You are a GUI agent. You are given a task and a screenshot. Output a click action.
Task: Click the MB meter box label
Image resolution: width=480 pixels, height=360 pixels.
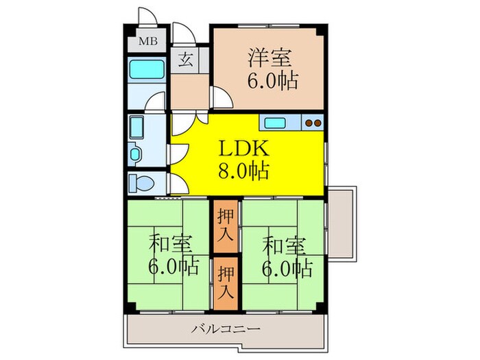(x=148, y=41)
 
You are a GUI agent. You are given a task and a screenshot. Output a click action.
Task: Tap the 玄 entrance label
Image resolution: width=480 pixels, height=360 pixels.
(x=185, y=60)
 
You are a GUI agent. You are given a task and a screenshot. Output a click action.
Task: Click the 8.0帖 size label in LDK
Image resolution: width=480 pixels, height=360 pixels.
(x=243, y=170)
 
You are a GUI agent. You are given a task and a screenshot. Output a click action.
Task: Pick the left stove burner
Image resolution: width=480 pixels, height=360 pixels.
(x=308, y=123)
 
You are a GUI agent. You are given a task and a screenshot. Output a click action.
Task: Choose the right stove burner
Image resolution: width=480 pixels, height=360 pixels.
(x=317, y=123)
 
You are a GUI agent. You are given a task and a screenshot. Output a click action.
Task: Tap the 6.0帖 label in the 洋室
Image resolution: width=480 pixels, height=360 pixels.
(x=272, y=81)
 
